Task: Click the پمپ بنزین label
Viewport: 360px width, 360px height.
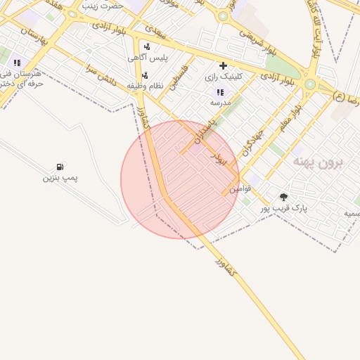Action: pyautogui.click(x=60, y=178)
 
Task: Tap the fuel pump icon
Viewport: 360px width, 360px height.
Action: pyautogui.click(x=60, y=167)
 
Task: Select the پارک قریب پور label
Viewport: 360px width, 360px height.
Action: pyautogui.click(x=284, y=208)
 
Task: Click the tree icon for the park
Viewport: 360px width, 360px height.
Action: pyautogui.click(x=283, y=197)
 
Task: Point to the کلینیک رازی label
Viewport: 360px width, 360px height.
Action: pyautogui.click(x=223, y=76)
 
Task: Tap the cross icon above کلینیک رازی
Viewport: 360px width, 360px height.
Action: pyautogui.click(x=223, y=65)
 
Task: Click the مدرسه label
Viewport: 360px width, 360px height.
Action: pyautogui.click(x=220, y=102)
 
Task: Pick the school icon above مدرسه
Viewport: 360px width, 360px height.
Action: pyautogui.click(x=220, y=91)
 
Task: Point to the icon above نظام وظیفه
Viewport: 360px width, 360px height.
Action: pyautogui.click(x=145, y=75)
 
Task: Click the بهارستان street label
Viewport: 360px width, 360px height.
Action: pyautogui.click(x=33, y=36)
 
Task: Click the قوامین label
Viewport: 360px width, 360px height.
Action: pyautogui.click(x=240, y=188)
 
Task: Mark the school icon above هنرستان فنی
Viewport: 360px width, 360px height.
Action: pyautogui.click(x=17, y=63)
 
